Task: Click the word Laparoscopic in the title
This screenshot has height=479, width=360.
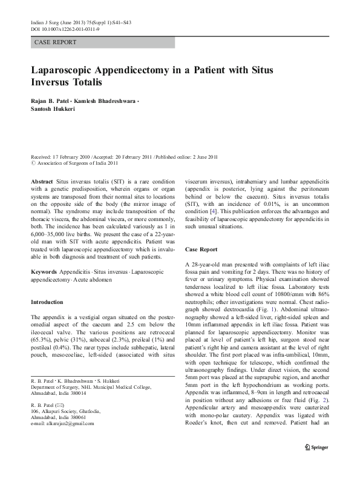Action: [x=67, y=70]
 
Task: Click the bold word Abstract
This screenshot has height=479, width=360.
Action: [x=43, y=182]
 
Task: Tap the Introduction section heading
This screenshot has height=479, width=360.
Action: [x=47, y=302]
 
